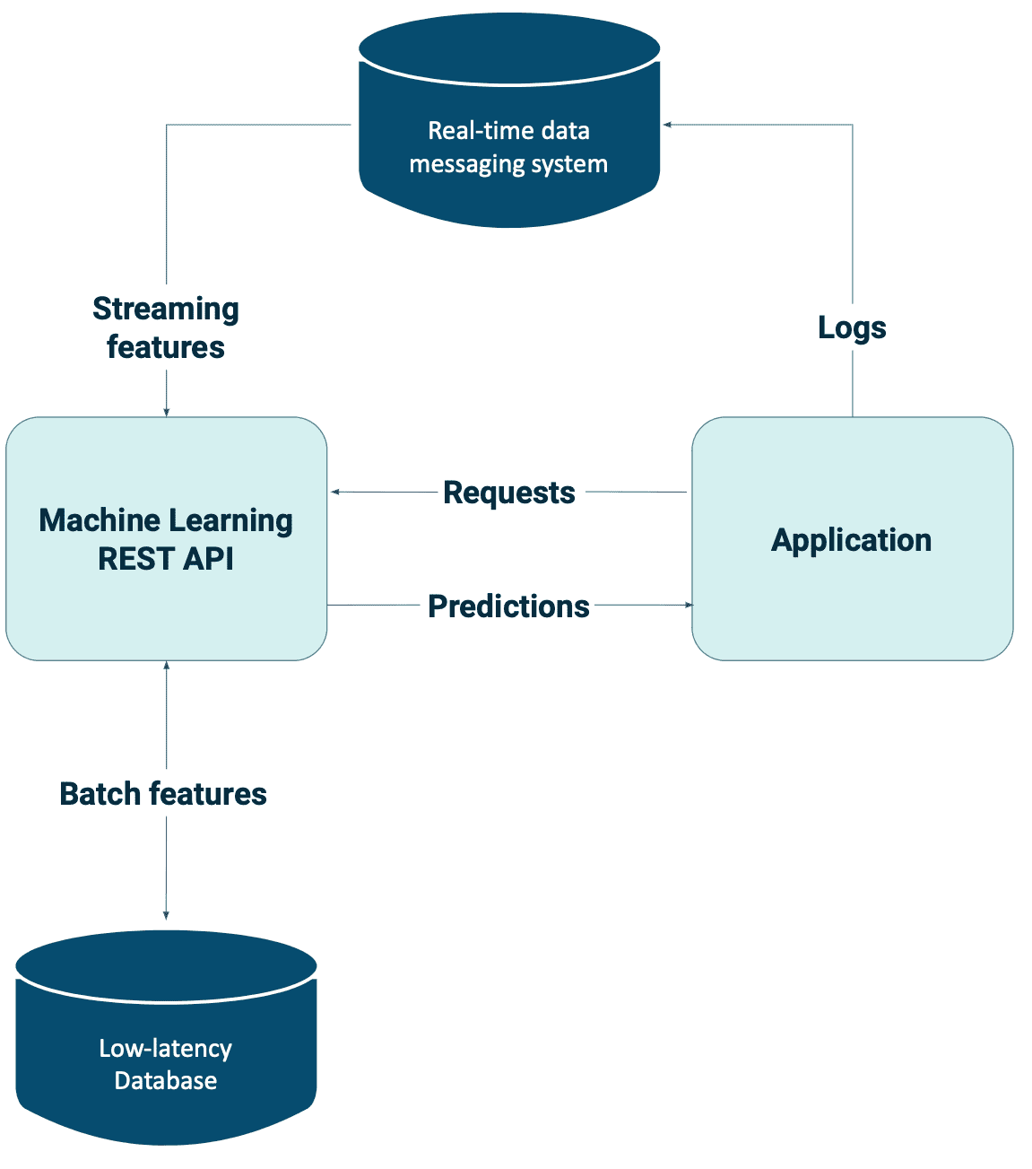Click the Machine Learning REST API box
pos(167,539)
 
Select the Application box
pos(853,539)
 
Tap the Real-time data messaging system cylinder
pos(509,120)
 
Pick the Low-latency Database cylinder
pos(166,1038)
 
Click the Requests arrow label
pos(509,493)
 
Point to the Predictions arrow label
pos(508,606)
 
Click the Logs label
pos(852,327)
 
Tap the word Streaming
pos(166,309)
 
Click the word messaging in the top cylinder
pos(467,164)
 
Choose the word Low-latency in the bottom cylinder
pos(166,1049)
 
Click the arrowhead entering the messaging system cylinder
pos(667,125)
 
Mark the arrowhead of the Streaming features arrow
pos(167,412)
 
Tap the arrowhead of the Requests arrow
pos(335,493)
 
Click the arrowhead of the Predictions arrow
pos(689,606)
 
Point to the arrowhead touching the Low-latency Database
pos(166,915)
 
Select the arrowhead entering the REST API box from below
pos(167,666)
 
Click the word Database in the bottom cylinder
pos(166,1081)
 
